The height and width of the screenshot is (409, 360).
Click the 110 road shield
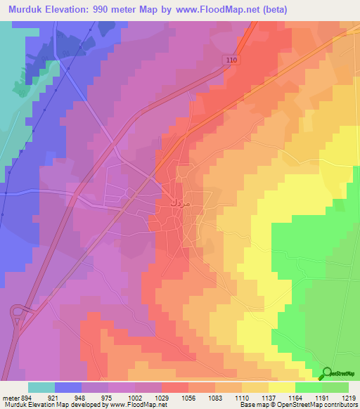coord(233,61)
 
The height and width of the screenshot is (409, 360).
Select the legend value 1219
coord(349,398)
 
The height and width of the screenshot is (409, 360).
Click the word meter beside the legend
coord(10,398)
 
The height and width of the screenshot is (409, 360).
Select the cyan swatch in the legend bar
coord(41,387)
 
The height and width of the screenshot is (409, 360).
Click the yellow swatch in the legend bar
coord(282,387)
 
